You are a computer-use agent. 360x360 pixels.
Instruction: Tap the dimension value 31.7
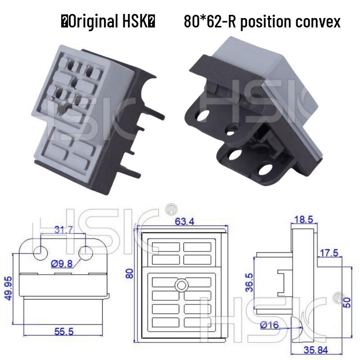pos(63,230)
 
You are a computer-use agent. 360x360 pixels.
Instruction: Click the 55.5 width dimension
pos(64,332)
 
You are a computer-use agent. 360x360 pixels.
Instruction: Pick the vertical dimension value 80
pos(130,273)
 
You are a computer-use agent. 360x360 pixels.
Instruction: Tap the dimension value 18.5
pos(302,220)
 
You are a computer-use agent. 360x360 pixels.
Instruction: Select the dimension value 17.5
pos(329,252)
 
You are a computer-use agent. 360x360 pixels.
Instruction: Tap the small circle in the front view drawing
pos(182,285)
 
